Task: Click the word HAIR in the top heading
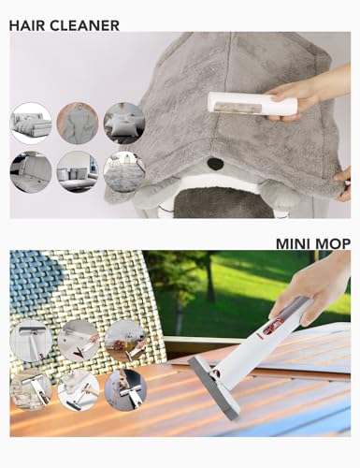pyautogui.click(x=27, y=25)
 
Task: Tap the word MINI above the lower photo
pyautogui.click(x=292, y=243)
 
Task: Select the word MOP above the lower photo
pyautogui.click(x=331, y=243)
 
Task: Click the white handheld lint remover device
pyautogui.click(x=252, y=103)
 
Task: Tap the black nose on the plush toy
pyautogui.click(x=215, y=163)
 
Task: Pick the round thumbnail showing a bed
pyautogui.click(x=31, y=123)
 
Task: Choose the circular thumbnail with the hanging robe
pyautogui.click(x=78, y=123)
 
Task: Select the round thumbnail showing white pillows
pyautogui.click(x=124, y=123)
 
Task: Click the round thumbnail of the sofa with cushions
pyautogui.click(x=78, y=172)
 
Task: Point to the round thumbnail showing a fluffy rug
pyautogui.click(x=124, y=172)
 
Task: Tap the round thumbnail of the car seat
pyautogui.click(x=31, y=172)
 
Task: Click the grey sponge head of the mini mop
pyautogui.click(x=215, y=387)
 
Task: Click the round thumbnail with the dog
pyautogui.click(x=125, y=390)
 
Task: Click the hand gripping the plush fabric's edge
pyautogui.click(x=343, y=184)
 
